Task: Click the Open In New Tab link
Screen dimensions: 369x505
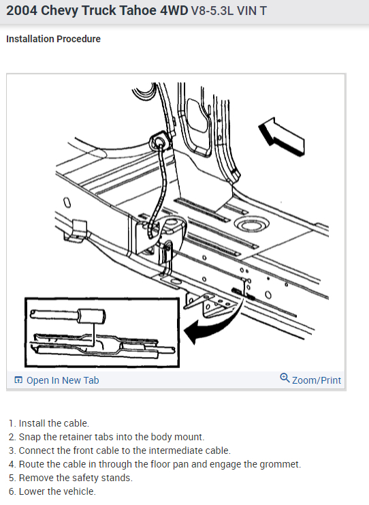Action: tap(57, 380)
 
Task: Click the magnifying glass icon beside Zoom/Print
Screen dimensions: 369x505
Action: tap(285, 378)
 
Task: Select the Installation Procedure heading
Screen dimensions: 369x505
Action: tap(53, 39)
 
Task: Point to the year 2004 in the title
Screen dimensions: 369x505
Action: tap(22, 11)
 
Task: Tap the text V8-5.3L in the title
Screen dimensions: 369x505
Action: tap(212, 11)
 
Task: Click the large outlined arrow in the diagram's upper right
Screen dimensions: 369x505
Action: tap(282, 136)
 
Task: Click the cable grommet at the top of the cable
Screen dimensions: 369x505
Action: tap(159, 140)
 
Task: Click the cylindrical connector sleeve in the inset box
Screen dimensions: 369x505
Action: tap(91, 316)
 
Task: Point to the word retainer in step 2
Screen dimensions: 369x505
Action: tap(75, 437)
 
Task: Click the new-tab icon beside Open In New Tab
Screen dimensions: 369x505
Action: tap(18, 380)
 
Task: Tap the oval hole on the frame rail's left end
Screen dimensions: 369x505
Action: tap(67, 203)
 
